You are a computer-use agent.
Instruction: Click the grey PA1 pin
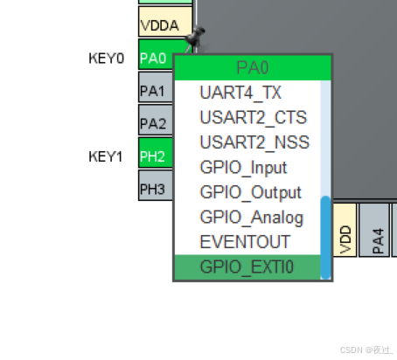(x=155, y=90)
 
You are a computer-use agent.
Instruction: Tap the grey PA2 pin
(x=155, y=123)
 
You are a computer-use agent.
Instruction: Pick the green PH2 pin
(x=155, y=156)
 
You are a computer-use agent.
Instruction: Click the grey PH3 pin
(x=155, y=188)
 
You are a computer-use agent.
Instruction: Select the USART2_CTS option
(x=254, y=117)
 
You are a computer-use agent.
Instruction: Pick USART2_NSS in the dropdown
(x=254, y=142)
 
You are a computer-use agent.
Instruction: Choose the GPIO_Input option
(x=243, y=167)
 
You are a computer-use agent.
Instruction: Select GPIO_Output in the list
(x=250, y=192)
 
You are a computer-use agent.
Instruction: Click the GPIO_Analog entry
(x=251, y=218)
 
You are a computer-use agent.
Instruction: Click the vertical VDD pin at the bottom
(x=345, y=232)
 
